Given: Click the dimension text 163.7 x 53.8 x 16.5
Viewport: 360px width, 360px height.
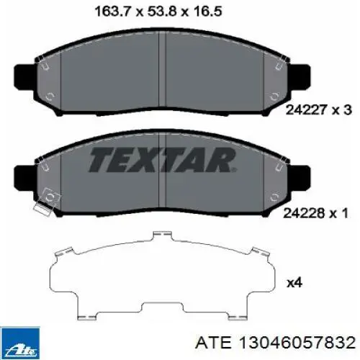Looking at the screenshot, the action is pos(158,12).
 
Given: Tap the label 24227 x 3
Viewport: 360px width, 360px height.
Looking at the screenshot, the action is pos(319,110).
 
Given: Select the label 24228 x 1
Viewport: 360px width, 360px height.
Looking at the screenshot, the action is pos(316,213).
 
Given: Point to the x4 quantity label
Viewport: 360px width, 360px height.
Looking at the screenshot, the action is pos(294,283).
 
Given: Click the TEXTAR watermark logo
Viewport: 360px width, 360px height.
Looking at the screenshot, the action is pos(162,160).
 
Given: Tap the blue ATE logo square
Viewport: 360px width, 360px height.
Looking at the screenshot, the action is pos(20,343).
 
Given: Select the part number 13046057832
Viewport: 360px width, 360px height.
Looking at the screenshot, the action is pos(297,343).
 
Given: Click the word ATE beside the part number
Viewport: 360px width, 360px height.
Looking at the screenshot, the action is pos(214,343).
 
